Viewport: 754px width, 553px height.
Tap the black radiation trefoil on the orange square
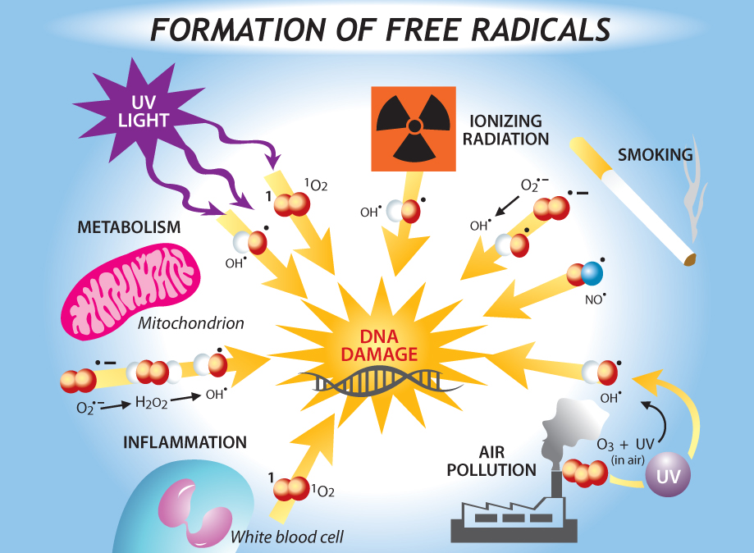point(414,126)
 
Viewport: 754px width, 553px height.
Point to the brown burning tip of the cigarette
point(689,260)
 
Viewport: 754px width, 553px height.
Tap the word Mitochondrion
point(191,323)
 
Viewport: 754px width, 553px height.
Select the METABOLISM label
point(129,227)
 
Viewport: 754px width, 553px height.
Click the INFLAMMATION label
point(185,442)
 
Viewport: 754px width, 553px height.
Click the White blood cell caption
point(286,538)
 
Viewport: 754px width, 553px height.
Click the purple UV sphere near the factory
point(668,476)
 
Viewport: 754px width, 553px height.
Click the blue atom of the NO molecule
point(592,274)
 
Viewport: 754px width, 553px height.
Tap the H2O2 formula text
point(151,402)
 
